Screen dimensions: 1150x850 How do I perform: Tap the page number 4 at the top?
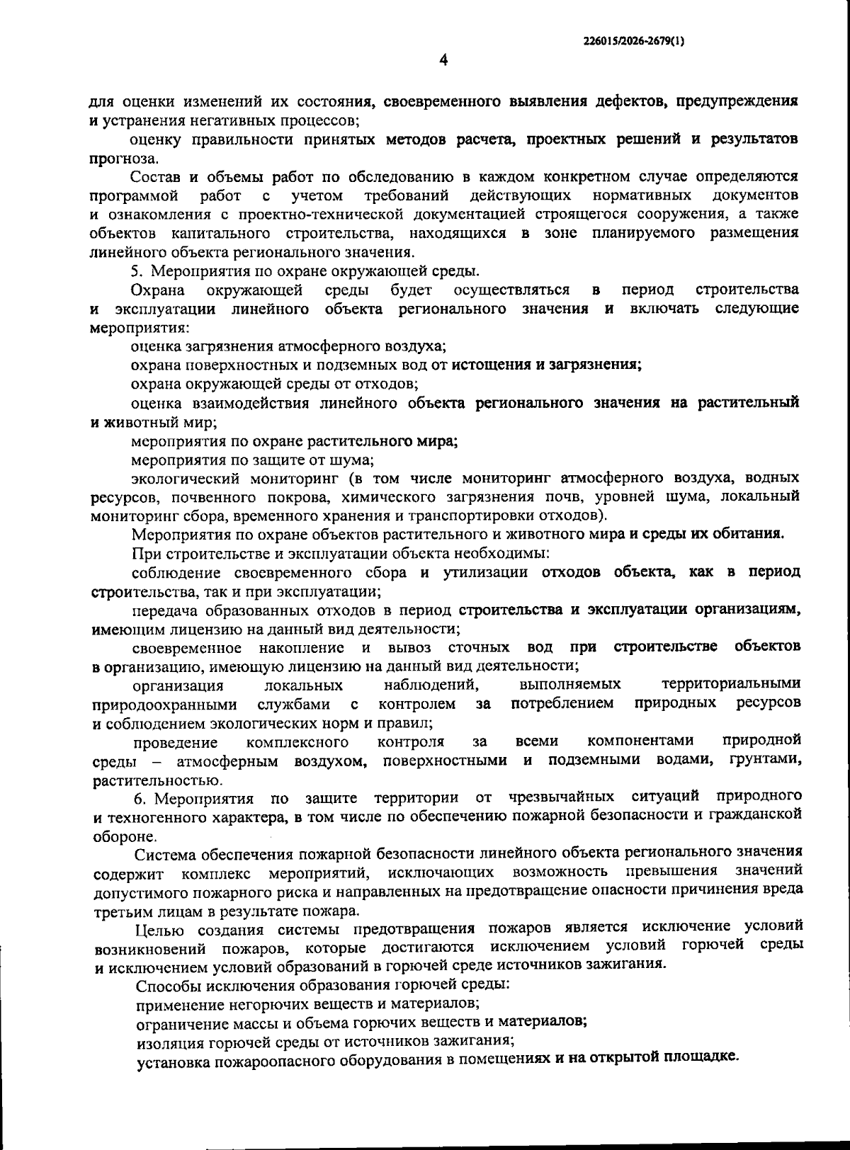[x=443, y=61]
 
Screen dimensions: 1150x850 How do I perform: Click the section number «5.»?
[x=138, y=271]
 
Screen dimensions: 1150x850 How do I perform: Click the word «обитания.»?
[x=748, y=533]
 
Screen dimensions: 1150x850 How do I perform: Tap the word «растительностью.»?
[x=148, y=781]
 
